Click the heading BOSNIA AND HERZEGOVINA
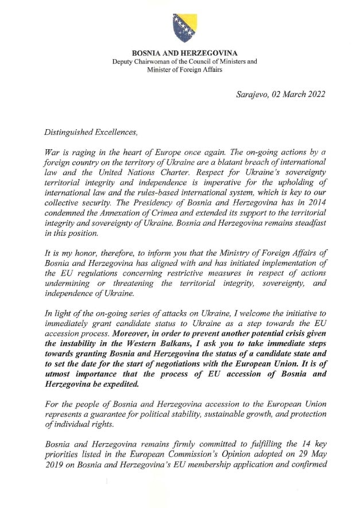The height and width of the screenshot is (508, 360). point(184,53)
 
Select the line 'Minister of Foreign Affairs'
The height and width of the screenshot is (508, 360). point(184,69)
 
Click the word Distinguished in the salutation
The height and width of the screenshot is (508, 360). point(70,131)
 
